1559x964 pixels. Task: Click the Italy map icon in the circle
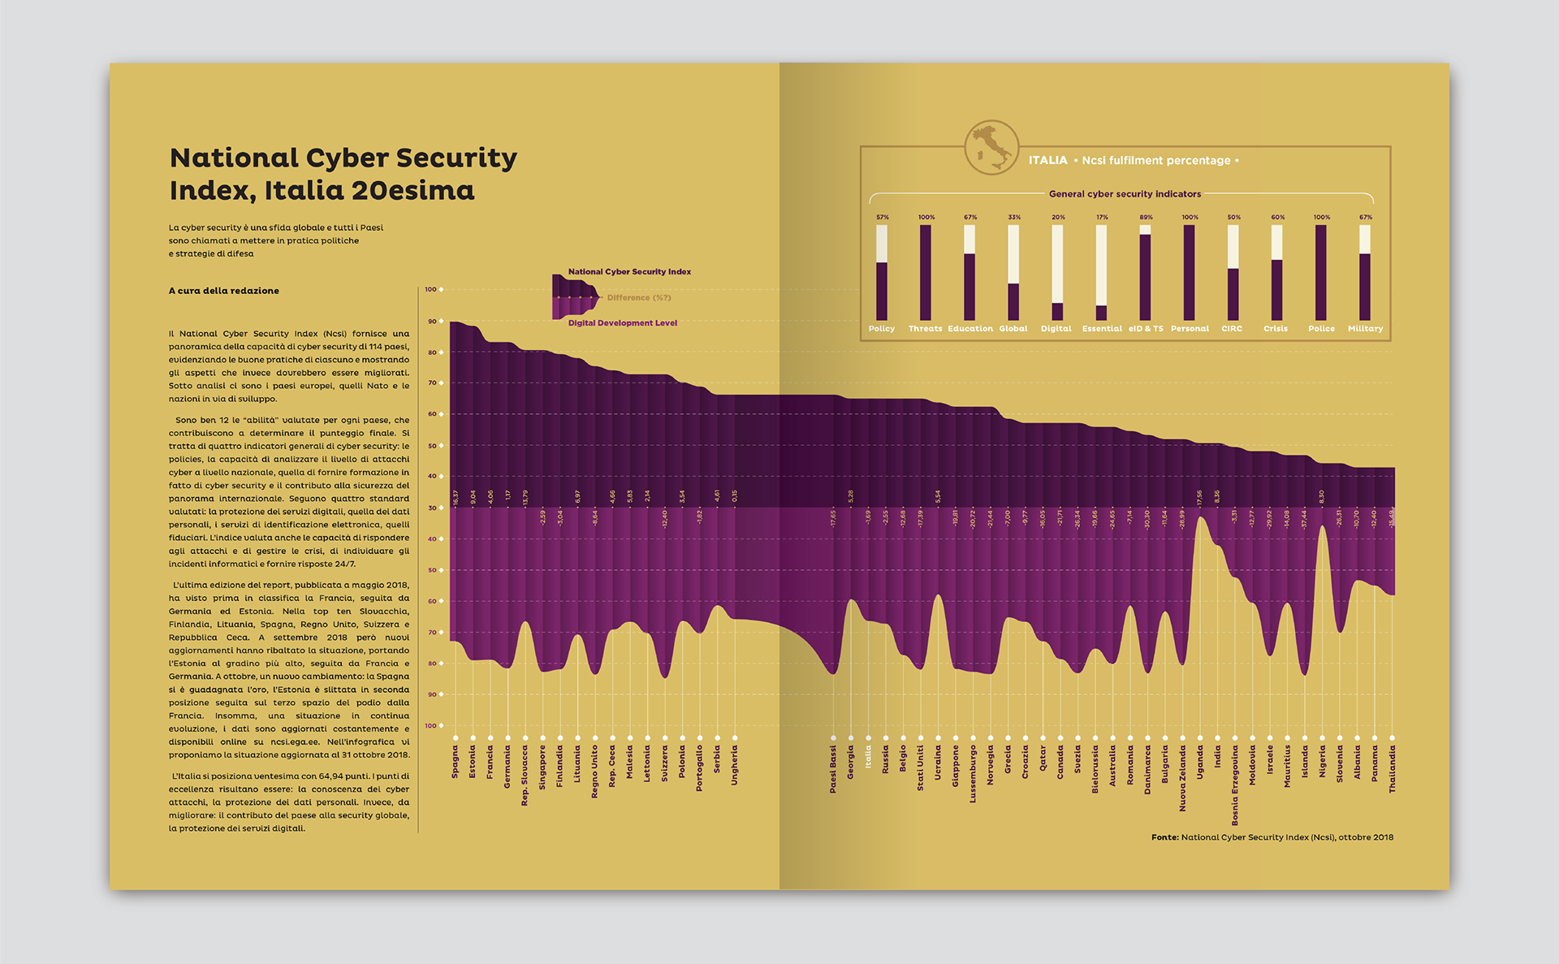coord(991,148)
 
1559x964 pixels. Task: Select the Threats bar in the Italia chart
coord(926,272)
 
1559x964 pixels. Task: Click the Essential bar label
coord(1102,329)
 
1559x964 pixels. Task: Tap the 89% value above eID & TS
coord(1146,218)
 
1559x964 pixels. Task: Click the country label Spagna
coord(456,763)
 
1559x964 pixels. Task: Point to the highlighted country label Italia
coord(868,758)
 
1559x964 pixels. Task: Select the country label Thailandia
coord(1393,770)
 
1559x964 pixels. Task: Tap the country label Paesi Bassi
coord(833,769)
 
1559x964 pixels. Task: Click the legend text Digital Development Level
coord(622,323)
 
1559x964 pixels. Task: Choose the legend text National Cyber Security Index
coord(629,272)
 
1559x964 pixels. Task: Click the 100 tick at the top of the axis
coord(430,289)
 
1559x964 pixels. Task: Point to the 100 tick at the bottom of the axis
coord(430,726)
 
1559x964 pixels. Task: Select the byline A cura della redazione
coord(224,291)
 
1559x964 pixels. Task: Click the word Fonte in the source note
coord(1164,837)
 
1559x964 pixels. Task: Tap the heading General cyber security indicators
coord(1125,194)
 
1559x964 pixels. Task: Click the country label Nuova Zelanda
coord(1183,779)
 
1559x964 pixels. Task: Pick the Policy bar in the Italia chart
coord(882,273)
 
